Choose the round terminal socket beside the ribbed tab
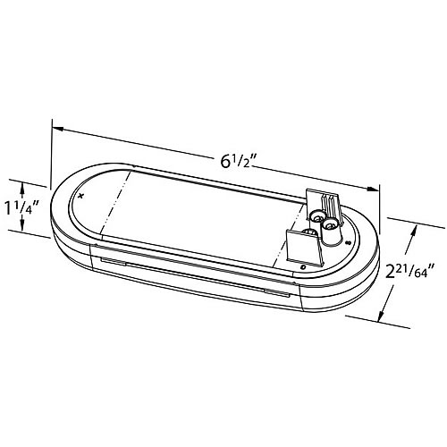tap(317, 217)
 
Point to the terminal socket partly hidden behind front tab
tap(309, 233)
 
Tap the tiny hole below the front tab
tap(304, 266)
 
